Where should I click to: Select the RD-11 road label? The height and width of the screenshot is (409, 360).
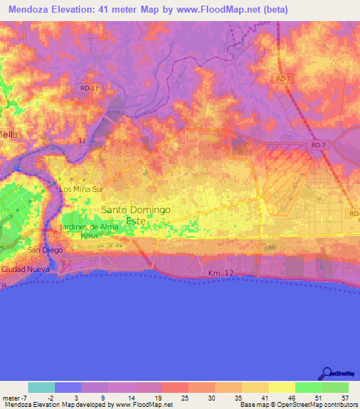(89, 88)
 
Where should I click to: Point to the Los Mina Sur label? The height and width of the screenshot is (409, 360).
(82, 189)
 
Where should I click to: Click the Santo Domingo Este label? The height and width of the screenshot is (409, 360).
(136, 215)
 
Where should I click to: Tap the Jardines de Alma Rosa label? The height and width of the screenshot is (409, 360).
(89, 231)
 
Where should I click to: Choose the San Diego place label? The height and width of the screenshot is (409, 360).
(40, 250)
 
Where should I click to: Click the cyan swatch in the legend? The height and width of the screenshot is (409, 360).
(41, 387)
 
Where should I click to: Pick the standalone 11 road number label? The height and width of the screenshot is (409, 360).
(82, 141)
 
